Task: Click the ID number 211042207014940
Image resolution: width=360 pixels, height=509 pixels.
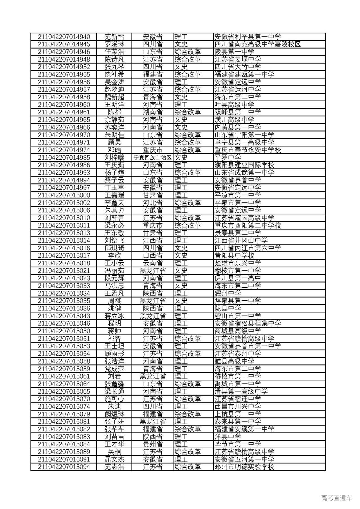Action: [64, 37]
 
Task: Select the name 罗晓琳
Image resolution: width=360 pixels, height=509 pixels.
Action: [114, 44]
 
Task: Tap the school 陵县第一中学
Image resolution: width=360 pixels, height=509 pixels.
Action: [234, 52]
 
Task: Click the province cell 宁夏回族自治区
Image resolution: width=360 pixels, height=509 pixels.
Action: [152, 158]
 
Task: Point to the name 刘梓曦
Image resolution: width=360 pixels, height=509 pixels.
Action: [114, 158]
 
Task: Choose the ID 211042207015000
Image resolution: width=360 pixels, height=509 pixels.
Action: [64, 195]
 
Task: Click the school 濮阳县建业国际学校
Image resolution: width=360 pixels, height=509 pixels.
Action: [244, 165]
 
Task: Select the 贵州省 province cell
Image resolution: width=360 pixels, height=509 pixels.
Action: [152, 444]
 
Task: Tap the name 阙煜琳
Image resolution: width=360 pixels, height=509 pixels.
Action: [114, 414]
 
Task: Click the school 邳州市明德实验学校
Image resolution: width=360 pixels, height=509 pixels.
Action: [244, 467]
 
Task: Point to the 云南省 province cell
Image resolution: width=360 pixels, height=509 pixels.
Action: [152, 263]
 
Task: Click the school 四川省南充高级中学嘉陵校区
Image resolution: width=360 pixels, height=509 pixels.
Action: [258, 44]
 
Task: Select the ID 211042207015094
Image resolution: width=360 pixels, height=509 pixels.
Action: [64, 467]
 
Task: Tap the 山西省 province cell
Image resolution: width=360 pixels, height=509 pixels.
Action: [152, 256]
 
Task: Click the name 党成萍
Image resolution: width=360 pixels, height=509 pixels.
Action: [114, 369]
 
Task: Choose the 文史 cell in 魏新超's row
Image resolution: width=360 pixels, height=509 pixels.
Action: [181, 97]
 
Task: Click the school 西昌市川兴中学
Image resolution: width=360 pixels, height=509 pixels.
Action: [237, 407]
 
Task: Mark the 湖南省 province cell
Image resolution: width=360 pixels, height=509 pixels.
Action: [152, 112]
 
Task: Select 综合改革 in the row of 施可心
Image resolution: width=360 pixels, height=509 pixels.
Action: [188, 399]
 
